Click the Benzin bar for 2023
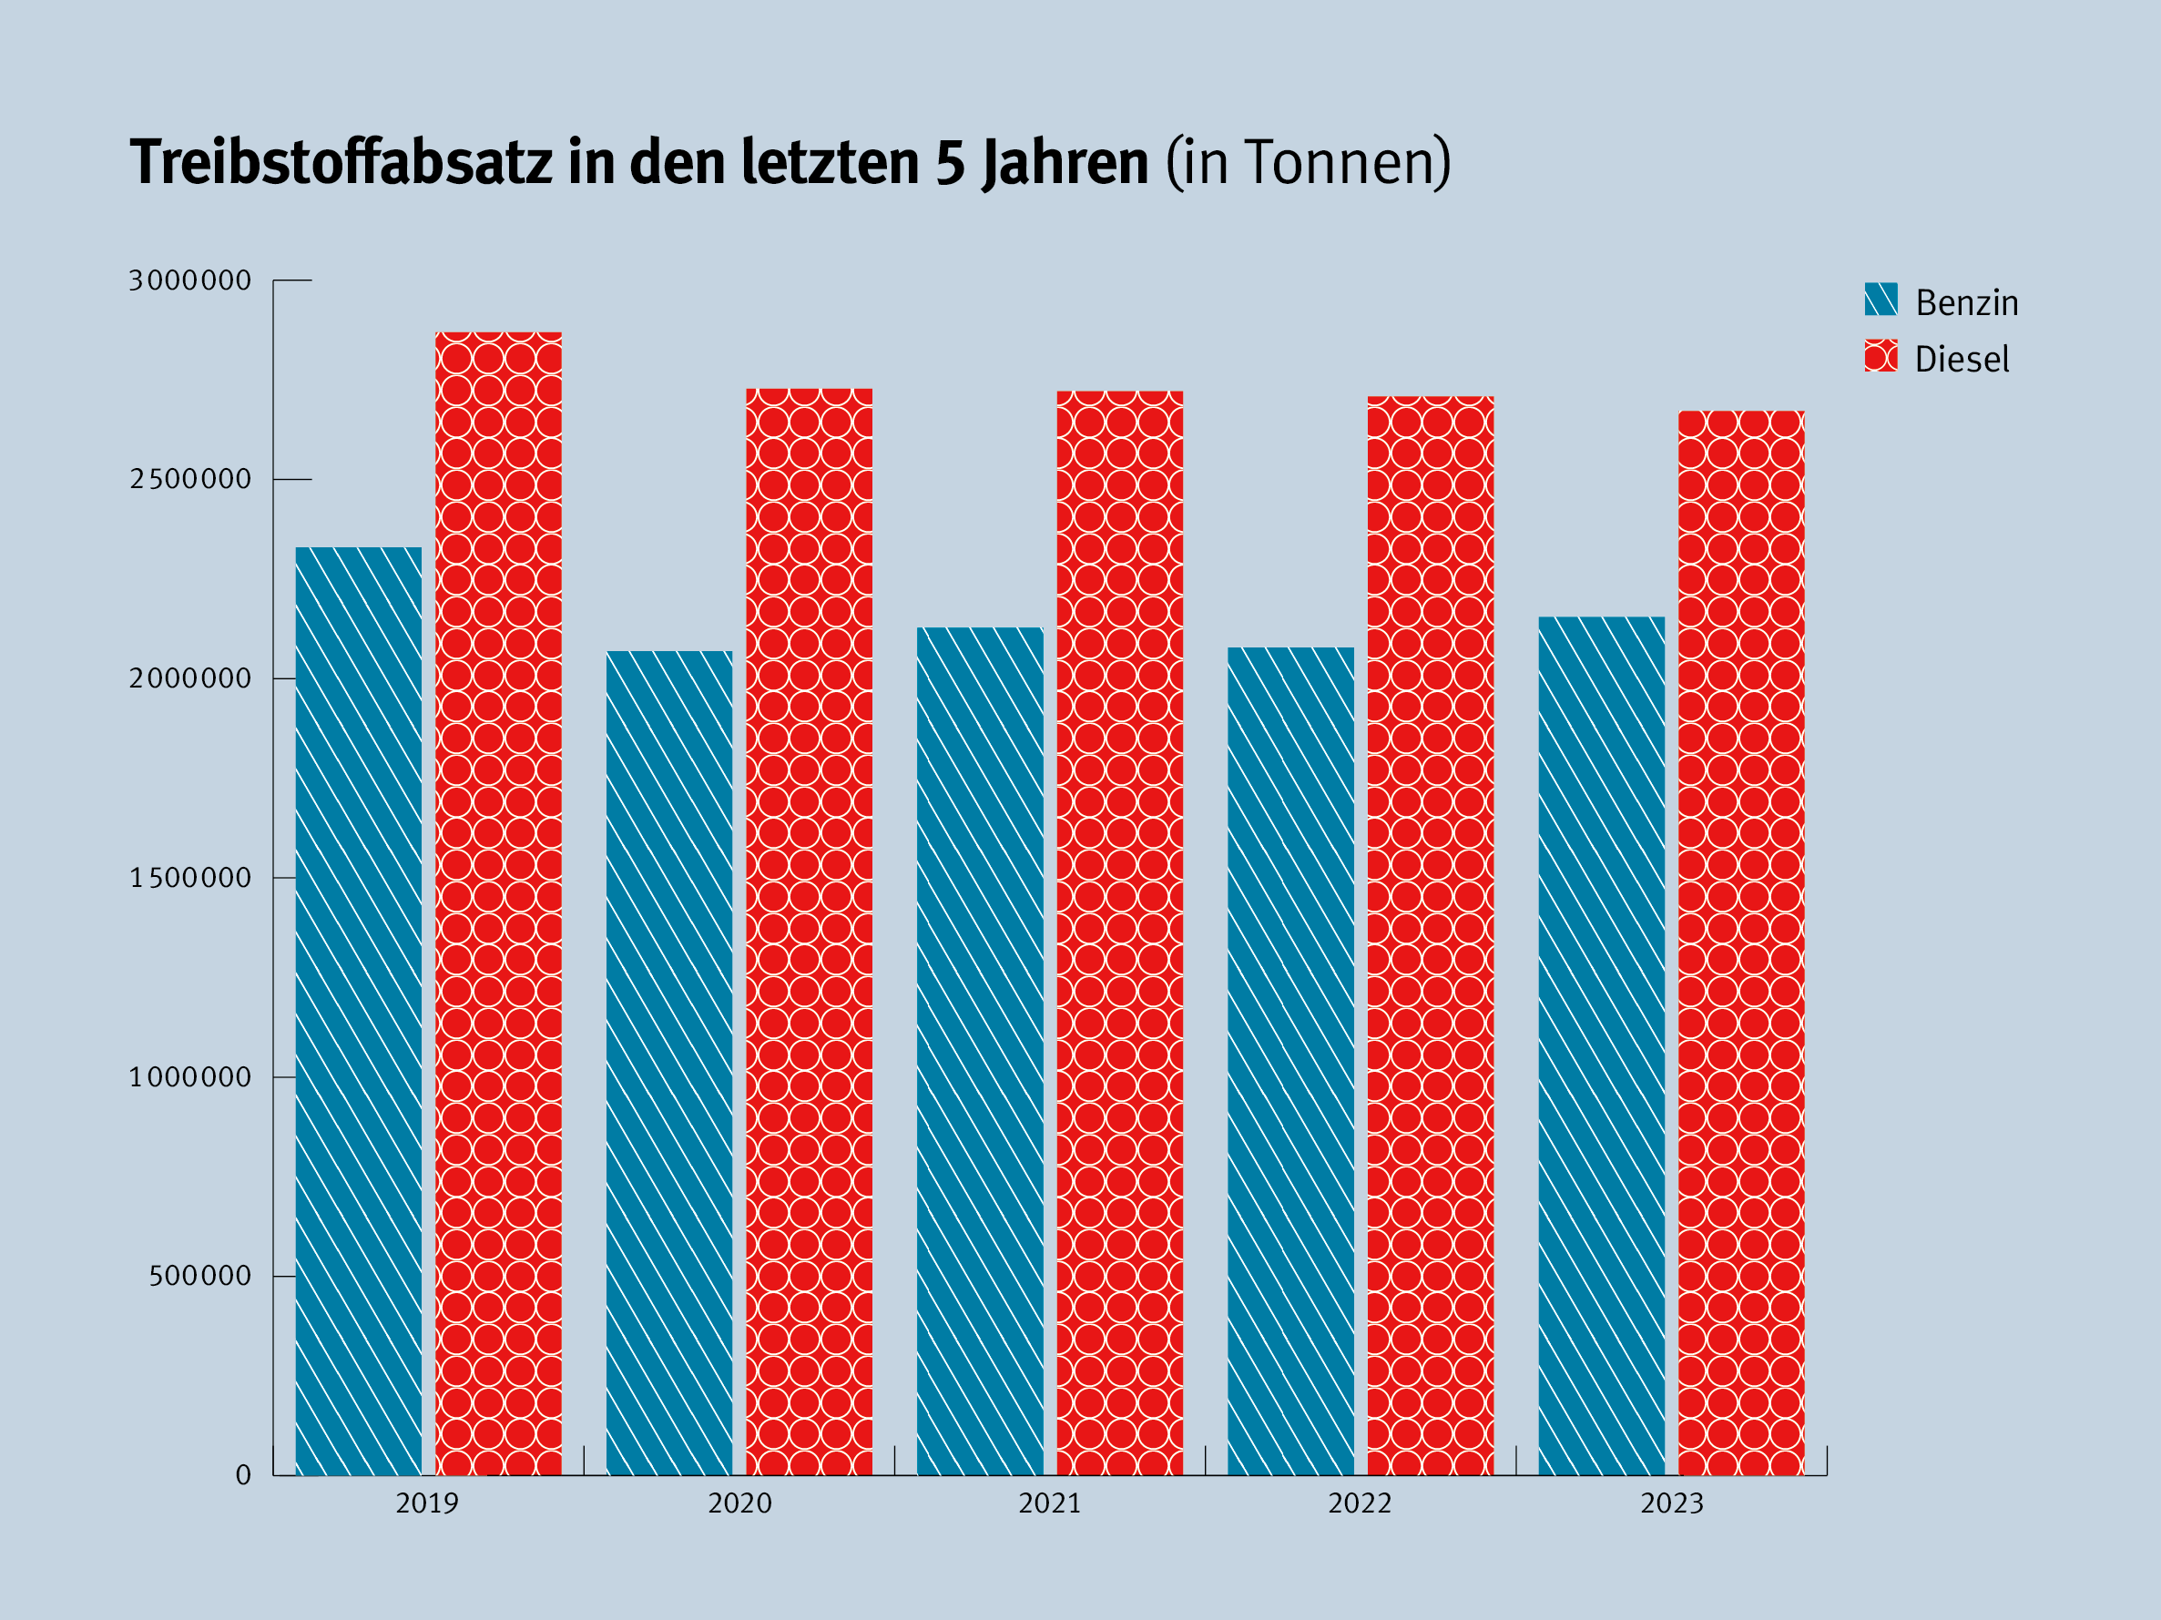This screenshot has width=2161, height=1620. [1601, 1045]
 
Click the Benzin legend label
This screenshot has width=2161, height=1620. [1967, 303]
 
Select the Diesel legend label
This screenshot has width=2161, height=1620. [1962, 360]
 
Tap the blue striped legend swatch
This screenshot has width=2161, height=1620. [1881, 299]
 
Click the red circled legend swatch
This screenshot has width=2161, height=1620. [1881, 356]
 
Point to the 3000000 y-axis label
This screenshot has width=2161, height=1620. [190, 280]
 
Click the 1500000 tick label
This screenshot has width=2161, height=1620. [190, 879]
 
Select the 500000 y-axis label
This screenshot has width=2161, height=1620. [200, 1276]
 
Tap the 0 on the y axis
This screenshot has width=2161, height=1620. [243, 1475]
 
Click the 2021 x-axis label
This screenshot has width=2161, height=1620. [1049, 1503]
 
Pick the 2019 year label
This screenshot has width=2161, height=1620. [427, 1503]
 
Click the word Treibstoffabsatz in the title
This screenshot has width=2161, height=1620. [341, 161]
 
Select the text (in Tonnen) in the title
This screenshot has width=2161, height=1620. [1308, 162]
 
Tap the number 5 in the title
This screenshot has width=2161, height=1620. [950, 161]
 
